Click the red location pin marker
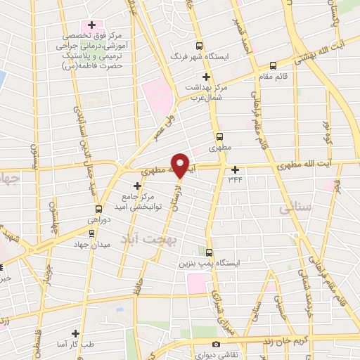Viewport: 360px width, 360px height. click(x=181, y=165)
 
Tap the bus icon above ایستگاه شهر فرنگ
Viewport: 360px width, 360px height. click(x=199, y=44)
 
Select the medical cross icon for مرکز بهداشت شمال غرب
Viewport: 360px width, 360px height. click(x=206, y=77)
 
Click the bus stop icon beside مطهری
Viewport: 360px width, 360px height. click(x=219, y=136)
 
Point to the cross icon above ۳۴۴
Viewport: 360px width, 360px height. click(x=236, y=169)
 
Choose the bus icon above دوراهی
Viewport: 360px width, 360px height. click(x=98, y=209)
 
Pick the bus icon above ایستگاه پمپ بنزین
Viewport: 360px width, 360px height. click(x=209, y=252)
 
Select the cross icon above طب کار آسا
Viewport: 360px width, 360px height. click(x=76, y=333)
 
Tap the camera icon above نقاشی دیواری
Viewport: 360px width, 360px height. click(x=216, y=344)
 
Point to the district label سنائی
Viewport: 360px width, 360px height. click(x=295, y=208)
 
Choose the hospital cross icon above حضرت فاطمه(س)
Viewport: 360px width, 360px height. click(x=91, y=24)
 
